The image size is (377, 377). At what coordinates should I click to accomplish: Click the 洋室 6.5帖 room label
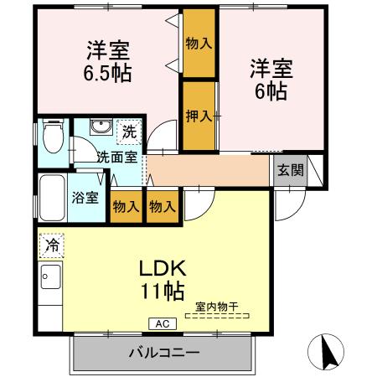coord(108,59)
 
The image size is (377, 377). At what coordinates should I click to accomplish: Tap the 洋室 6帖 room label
coord(269,76)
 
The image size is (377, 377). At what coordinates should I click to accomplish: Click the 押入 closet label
coord(198,116)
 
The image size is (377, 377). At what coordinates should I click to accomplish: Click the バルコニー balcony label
coord(163,351)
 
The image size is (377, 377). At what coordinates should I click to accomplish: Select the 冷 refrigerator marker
coord(49,245)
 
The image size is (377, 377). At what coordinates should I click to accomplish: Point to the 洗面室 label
coord(114,156)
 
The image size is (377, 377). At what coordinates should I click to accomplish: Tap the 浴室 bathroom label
coord(86,199)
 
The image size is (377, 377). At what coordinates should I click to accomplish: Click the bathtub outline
coord(50,198)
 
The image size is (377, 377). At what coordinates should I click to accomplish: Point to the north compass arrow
coord(327,348)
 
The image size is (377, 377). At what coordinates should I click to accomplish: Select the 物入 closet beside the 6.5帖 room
coord(198,43)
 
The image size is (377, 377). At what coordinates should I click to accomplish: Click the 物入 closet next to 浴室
coord(125,205)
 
